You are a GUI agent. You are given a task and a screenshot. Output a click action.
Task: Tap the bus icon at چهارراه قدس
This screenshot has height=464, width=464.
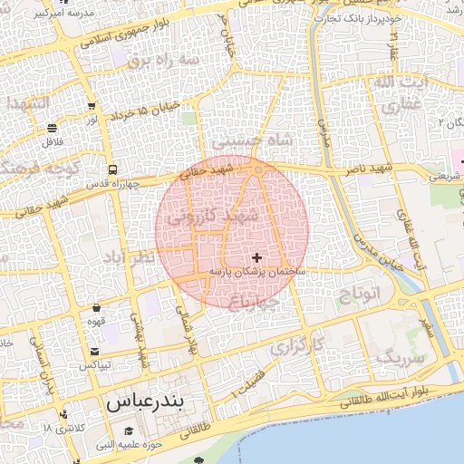(x=111, y=169)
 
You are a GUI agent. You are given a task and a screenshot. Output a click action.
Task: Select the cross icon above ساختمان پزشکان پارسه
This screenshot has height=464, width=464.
(x=257, y=258)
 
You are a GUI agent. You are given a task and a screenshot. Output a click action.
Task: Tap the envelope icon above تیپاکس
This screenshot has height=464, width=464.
(x=94, y=352)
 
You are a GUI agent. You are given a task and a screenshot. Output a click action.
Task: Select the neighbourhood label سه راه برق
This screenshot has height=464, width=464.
(x=162, y=60)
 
